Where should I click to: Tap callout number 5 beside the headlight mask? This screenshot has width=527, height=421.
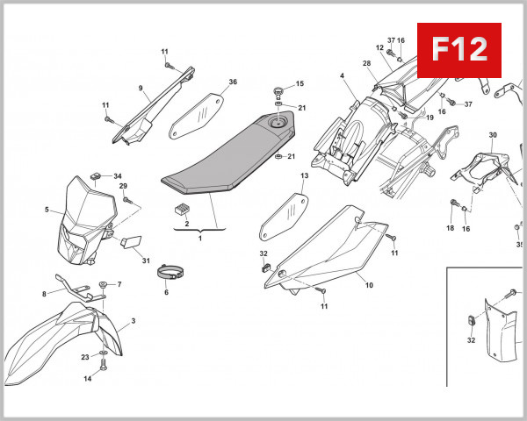[47, 210]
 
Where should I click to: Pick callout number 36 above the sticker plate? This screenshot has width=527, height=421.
[233, 82]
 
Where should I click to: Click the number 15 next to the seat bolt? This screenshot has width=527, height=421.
[300, 84]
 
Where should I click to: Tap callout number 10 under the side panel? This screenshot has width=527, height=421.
[369, 285]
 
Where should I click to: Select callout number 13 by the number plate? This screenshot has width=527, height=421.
[304, 176]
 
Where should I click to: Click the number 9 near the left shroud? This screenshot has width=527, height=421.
[140, 88]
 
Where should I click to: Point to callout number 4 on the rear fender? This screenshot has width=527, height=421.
[341, 76]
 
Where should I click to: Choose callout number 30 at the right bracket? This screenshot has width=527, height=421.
[493, 135]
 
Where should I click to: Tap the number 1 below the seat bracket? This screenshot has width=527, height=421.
[199, 238]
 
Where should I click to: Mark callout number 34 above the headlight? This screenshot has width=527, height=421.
[118, 176]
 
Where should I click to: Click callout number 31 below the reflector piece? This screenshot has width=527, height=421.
[146, 260]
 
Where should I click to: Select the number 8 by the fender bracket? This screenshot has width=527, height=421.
[43, 294]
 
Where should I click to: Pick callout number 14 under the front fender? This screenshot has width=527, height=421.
[88, 379]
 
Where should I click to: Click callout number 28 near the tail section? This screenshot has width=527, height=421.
[366, 63]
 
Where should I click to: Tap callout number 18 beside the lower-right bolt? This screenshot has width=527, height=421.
[450, 228]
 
